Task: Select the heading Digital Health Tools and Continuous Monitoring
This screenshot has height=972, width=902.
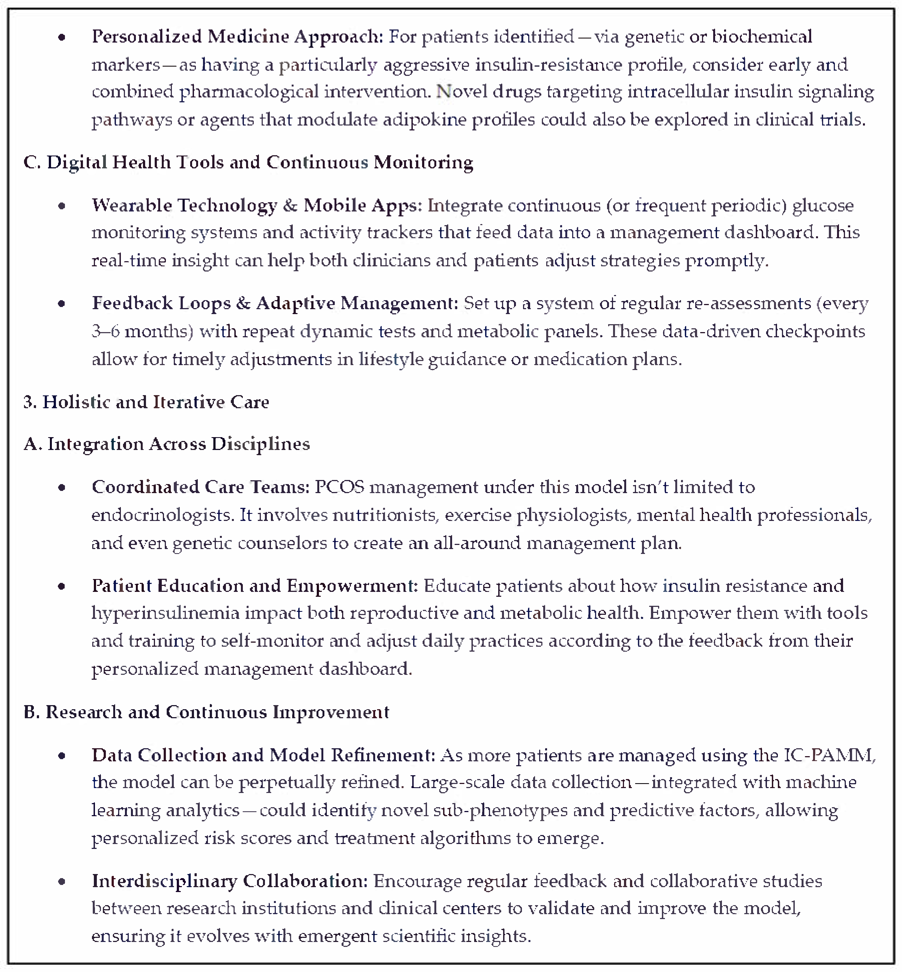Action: tap(248, 163)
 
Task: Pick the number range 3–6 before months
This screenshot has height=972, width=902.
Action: tap(105, 332)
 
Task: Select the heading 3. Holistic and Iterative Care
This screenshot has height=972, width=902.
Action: tap(146, 402)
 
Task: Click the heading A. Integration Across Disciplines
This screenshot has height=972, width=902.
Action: tap(166, 444)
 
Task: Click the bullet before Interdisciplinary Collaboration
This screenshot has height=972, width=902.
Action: tap(61, 882)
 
